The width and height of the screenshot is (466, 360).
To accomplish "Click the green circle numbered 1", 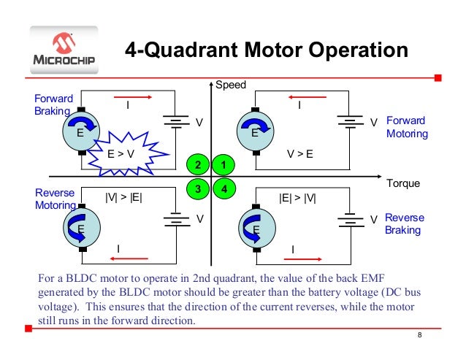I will (x=225, y=164).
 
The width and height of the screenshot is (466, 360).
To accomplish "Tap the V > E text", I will (x=300, y=154).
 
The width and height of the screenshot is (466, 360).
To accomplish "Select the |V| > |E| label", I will (x=124, y=197).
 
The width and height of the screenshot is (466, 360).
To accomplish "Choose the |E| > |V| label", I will (x=297, y=197).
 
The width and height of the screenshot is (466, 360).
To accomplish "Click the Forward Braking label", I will (x=51, y=104).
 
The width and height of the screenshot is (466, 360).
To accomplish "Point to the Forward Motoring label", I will (x=407, y=127).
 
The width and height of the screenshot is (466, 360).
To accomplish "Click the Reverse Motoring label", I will (x=53, y=199).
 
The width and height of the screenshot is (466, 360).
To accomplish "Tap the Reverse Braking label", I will (x=403, y=224).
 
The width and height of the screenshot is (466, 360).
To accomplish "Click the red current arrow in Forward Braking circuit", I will (x=128, y=95).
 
